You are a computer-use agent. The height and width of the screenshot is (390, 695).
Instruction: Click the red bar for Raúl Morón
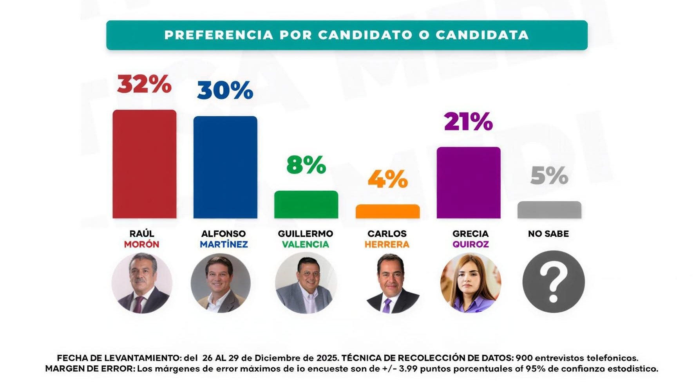pos(144,164)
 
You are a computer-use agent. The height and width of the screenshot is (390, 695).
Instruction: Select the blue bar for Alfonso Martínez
pos(225,167)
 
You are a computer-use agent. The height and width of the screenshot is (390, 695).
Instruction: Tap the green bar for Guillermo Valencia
pos(306,204)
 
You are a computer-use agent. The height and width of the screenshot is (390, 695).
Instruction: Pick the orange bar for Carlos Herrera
pos(387,211)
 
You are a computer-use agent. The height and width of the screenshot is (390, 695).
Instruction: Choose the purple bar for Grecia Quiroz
pos(469,182)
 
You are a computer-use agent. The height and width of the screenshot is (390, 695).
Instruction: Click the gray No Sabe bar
pos(549,210)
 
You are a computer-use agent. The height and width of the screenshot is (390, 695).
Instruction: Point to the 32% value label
pos(144,84)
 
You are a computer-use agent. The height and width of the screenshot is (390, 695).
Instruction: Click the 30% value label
pos(225,90)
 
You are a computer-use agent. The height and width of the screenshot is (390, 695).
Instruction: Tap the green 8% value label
pos(306,165)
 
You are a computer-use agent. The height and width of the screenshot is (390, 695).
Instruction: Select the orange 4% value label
pos(387,179)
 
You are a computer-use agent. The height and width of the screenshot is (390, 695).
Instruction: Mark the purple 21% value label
pos(469,121)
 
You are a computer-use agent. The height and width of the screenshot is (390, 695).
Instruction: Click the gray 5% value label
pos(549,175)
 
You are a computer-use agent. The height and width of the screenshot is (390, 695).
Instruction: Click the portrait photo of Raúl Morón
pos(142,283)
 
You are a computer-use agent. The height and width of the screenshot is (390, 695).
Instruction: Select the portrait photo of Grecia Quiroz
pos(471,283)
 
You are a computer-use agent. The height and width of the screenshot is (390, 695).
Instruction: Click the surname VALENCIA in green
pos(306,245)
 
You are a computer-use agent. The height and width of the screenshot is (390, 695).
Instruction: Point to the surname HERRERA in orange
pos(387,245)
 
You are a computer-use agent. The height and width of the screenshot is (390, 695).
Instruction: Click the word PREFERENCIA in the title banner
pos(219,35)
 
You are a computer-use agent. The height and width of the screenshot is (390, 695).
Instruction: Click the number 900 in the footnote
pos(524,358)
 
